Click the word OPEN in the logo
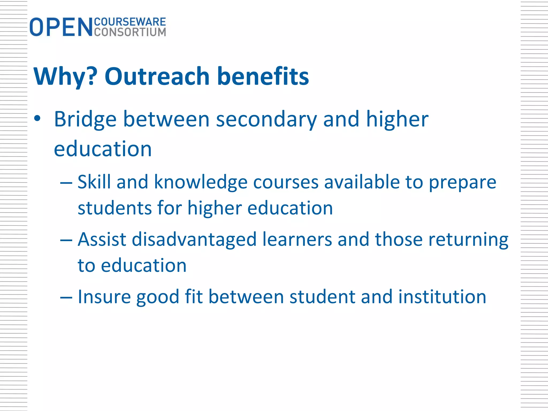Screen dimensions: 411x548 61,27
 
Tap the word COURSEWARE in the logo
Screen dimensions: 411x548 130,22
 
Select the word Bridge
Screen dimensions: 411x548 85,120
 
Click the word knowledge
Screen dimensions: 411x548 200,182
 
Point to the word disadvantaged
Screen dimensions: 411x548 194,240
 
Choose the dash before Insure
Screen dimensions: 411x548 66,298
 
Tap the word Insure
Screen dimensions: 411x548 104,297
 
